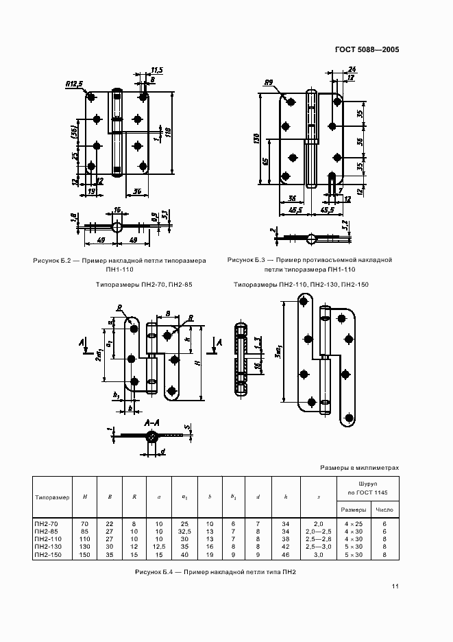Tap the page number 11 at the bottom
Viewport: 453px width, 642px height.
pos(395,586)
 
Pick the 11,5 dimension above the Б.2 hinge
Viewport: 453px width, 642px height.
pos(156,70)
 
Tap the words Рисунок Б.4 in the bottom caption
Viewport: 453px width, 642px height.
pos(155,571)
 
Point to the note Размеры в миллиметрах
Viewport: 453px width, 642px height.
pos(359,468)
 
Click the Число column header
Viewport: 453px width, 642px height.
pos(384,509)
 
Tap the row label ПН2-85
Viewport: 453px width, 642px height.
pos(45,531)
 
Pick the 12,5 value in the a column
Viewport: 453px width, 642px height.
pos(159,547)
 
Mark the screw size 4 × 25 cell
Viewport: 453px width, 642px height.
pos(354,523)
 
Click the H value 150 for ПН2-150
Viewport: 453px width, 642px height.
pos(85,554)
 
